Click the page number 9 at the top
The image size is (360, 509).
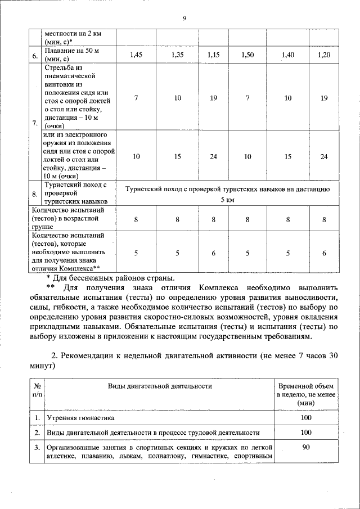(184, 19)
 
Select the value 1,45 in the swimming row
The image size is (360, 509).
(136, 55)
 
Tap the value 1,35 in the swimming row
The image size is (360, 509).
(177, 55)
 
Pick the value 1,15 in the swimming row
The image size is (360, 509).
(213, 55)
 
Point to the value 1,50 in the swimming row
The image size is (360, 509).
(247, 55)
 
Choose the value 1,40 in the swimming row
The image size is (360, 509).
(288, 55)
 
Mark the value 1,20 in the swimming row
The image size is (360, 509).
(324, 55)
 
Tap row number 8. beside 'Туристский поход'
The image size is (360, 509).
(35, 195)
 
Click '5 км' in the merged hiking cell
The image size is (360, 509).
(227, 200)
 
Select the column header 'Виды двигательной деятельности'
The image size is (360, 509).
(160, 386)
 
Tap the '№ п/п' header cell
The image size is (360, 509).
(36, 390)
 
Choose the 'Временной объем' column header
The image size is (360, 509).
(306, 386)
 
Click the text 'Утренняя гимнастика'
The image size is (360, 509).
(80, 418)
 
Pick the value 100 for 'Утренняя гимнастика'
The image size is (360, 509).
(306, 418)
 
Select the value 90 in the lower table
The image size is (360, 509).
(306, 447)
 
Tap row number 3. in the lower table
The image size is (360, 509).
(36, 448)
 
